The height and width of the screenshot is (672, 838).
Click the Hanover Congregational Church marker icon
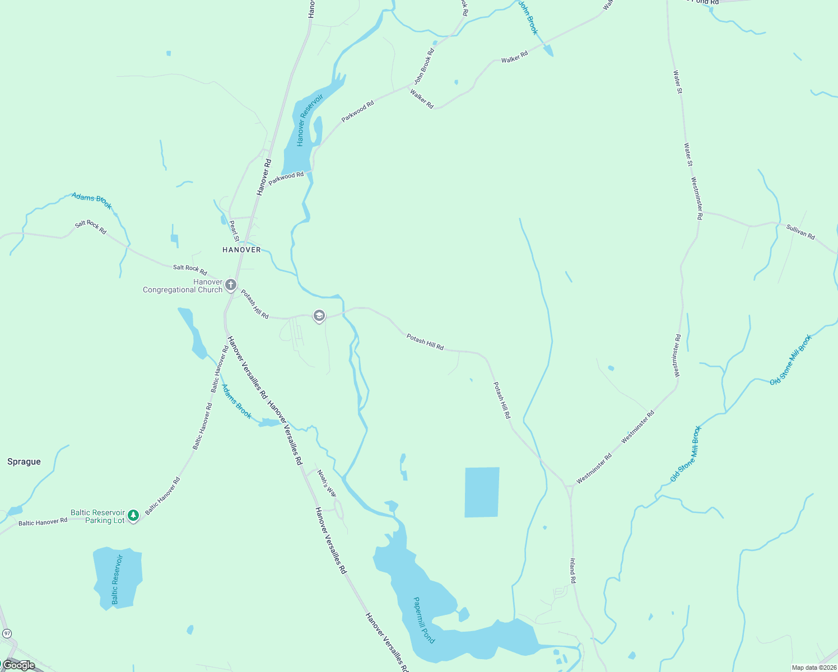(x=230, y=286)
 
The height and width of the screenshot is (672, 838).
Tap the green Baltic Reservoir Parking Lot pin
(x=133, y=515)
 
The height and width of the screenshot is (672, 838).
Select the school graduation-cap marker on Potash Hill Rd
(x=319, y=316)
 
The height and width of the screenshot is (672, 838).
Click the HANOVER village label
(x=241, y=250)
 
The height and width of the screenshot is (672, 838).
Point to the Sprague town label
(x=24, y=461)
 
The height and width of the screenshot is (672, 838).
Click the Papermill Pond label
(x=423, y=620)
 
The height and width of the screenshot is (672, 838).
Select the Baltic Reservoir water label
(x=115, y=580)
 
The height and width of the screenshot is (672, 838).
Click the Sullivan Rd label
(x=800, y=232)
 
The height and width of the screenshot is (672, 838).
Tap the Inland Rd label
(x=572, y=571)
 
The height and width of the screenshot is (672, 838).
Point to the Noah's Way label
(x=327, y=483)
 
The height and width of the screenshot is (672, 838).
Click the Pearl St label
(x=234, y=231)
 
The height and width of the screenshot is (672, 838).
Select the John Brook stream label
(x=528, y=17)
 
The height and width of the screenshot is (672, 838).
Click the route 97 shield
(x=7, y=633)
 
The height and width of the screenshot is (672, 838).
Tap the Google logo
(x=18, y=665)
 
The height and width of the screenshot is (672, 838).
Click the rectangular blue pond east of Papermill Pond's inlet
(x=482, y=492)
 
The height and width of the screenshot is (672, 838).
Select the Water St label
(x=678, y=82)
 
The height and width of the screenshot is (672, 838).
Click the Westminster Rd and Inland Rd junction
(x=569, y=486)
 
